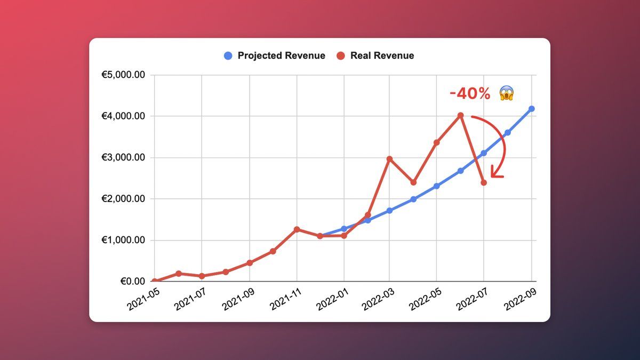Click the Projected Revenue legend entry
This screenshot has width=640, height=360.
[x=275, y=55]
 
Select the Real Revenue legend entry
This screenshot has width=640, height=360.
[x=375, y=55]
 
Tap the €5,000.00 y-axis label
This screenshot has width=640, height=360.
[x=123, y=75]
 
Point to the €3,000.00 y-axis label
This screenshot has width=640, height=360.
[x=123, y=158]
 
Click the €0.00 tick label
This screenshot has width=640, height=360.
[x=131, y=281]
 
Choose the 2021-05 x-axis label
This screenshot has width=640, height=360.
[x=143, y=298]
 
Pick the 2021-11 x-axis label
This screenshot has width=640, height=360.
[x=285, y=298]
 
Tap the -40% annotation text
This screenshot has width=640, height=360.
[x=470, y=94]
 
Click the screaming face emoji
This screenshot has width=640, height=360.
[x=507, y=94]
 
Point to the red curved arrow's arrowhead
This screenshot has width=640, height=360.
[x=495, y=173]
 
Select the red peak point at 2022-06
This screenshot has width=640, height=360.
[x=460, y=115]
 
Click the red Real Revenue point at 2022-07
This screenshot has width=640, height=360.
[x=484, y=182]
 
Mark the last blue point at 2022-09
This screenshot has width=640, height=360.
[x=531, y=109]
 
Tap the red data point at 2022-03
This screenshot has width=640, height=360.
[x=389, y=159]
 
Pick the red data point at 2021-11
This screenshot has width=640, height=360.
[x=297, y=229]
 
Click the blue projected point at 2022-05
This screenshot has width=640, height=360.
[x=436, y=186]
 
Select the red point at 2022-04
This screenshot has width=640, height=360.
[x=413, y=182]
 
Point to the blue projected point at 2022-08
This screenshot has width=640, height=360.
[x=507, y=132]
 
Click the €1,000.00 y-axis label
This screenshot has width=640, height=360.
[x=123, y=240]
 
